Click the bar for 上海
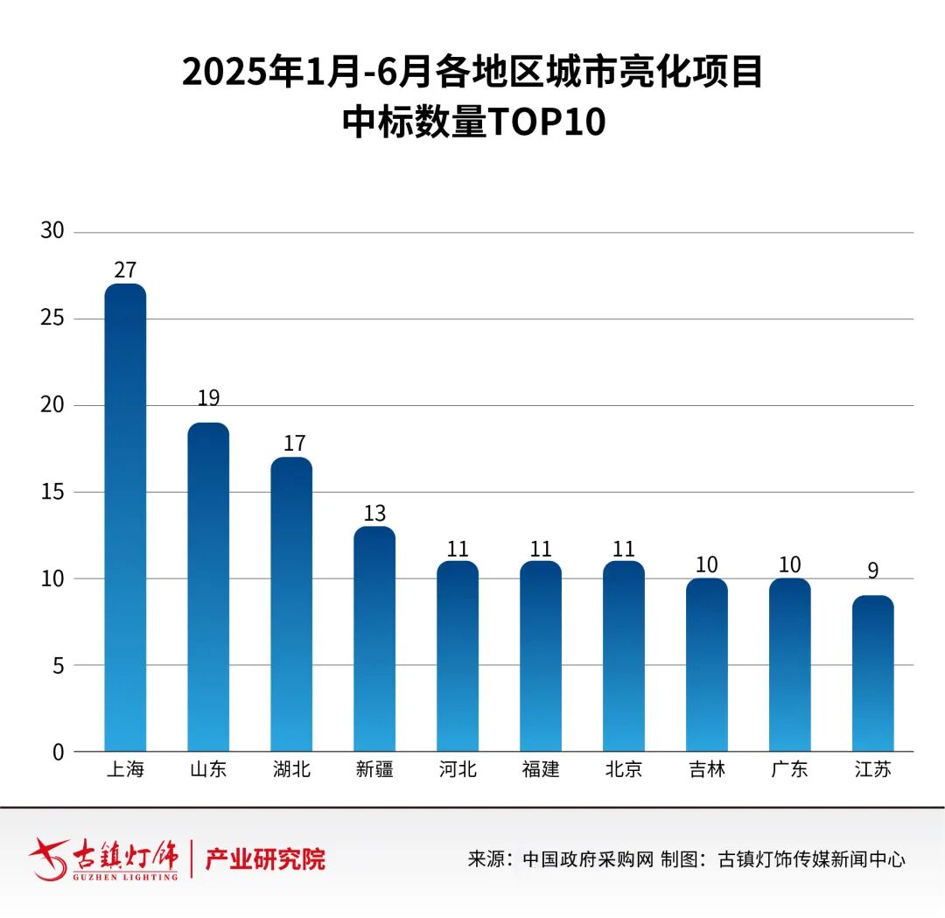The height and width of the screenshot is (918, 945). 125,517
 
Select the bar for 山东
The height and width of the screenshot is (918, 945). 208,586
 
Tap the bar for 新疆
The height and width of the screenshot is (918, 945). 374,639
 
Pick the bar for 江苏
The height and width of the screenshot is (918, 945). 873,673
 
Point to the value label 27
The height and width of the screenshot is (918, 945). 125,270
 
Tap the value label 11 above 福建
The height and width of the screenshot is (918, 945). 541,549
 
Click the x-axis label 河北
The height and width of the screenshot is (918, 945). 458,770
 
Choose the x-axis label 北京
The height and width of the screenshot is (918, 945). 624,770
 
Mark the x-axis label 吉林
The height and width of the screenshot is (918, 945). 707,770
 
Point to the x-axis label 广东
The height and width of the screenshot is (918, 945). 790,770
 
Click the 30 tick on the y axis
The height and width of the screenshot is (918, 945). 52,232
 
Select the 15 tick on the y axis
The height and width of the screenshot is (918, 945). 52,492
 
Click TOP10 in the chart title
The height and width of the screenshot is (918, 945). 546,123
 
